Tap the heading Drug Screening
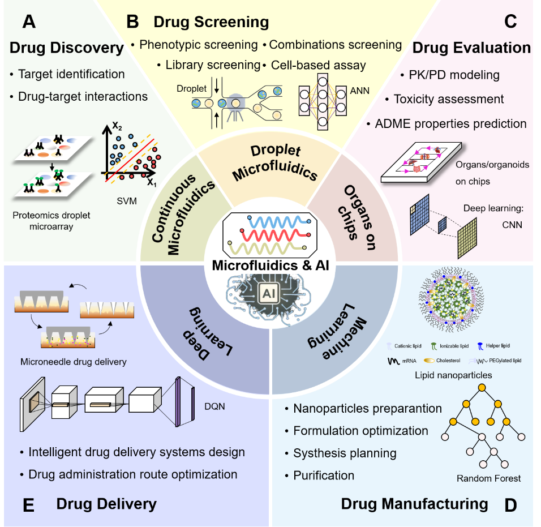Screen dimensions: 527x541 coord(211,22)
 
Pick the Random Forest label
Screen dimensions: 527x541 coord(488,478)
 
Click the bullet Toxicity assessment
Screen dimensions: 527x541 coord(449,99)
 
